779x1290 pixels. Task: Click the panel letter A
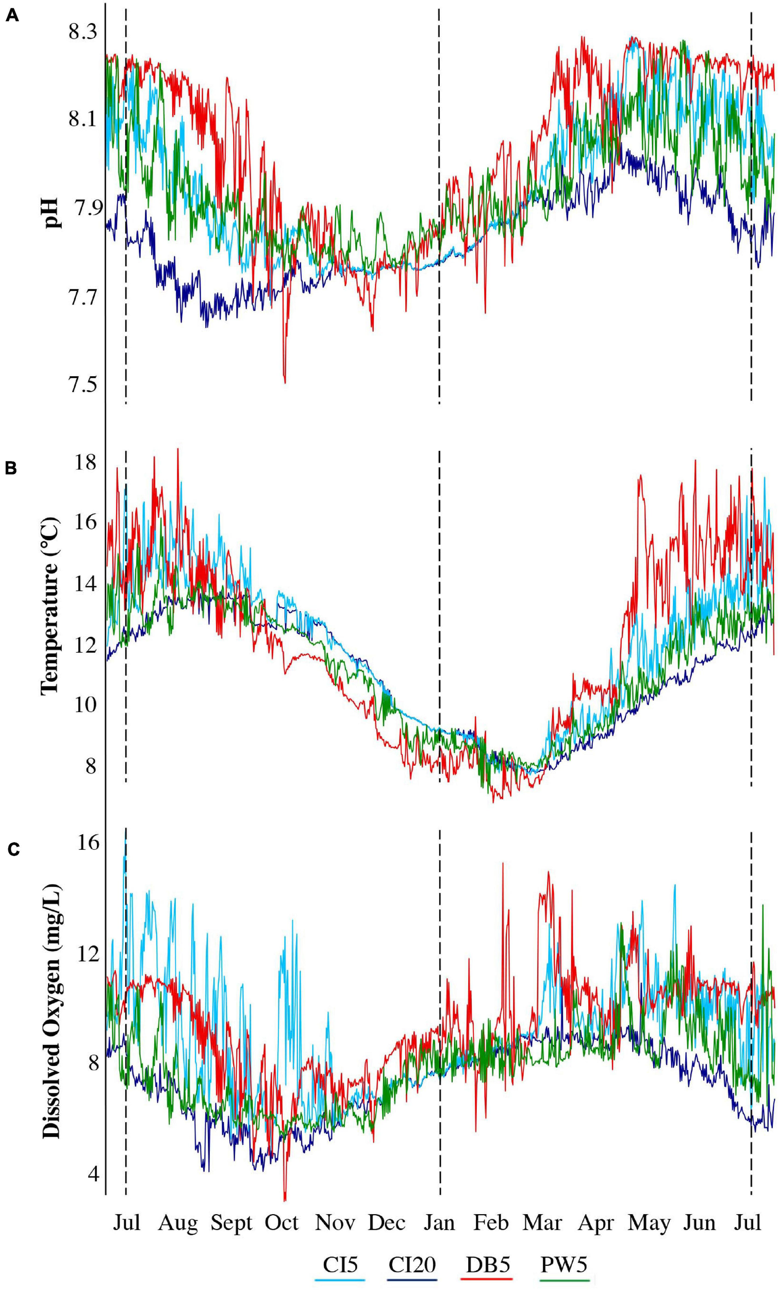tap(12, 16)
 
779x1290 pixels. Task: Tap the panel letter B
tap(12, 469)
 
